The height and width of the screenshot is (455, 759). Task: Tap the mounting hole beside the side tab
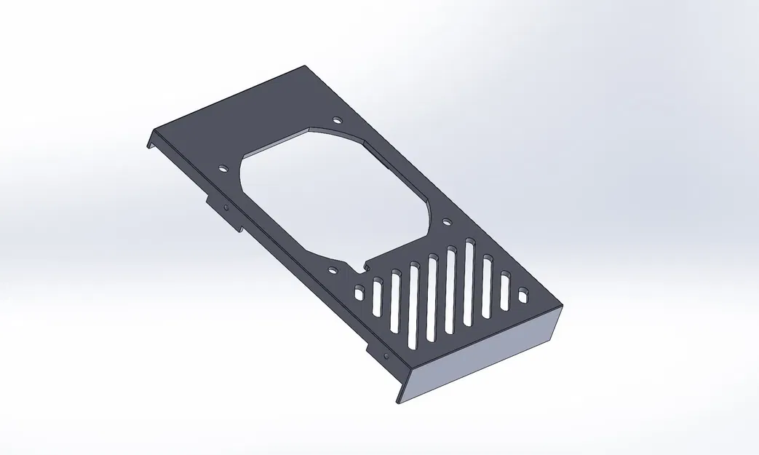223,168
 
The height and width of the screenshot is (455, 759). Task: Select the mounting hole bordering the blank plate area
336,120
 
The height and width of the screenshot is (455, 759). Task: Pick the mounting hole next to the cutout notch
333,270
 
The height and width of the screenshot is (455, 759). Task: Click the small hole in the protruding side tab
226,208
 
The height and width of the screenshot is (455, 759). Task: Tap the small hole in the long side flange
387,355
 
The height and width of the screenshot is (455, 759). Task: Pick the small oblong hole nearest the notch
359,293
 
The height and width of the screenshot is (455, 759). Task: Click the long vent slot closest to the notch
377,298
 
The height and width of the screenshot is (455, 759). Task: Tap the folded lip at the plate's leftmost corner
151,138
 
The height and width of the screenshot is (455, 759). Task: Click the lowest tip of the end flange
398,402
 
